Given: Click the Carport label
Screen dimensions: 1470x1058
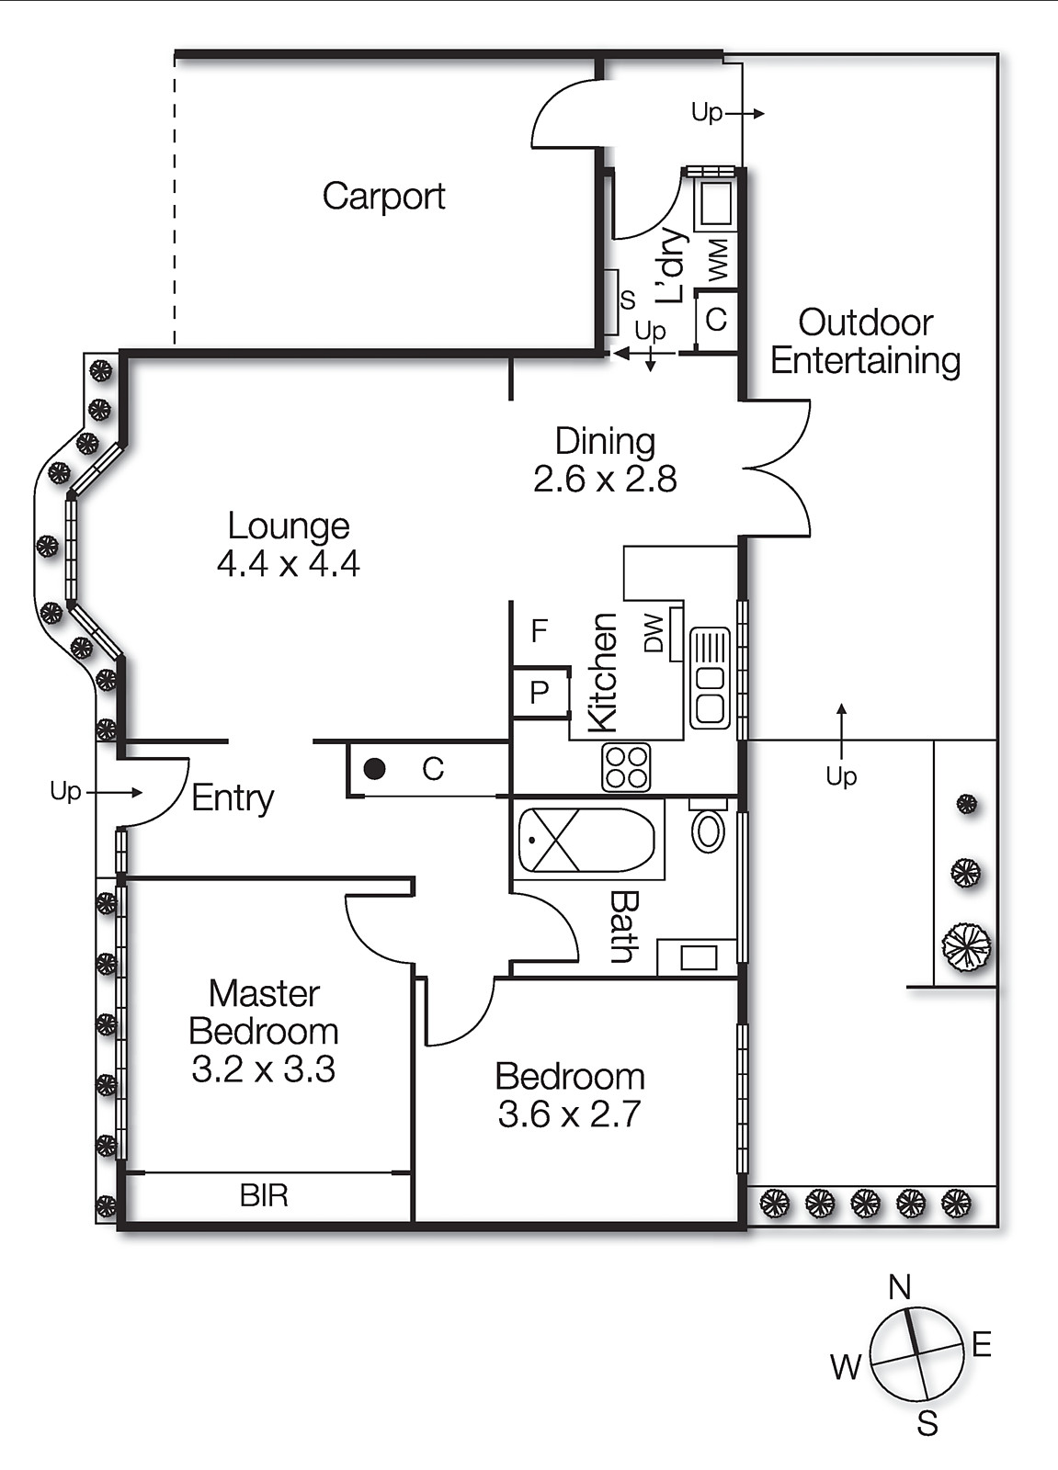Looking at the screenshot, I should [x=383, y=196].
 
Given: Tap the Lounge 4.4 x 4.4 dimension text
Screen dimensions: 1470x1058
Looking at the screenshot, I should [x=289, y=563].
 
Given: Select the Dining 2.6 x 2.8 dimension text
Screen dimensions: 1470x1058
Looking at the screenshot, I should [x=605, y=479].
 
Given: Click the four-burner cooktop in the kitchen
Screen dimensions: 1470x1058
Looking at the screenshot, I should [x=626, y=767].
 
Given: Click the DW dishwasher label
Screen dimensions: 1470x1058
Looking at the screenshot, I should [x=654, y=633].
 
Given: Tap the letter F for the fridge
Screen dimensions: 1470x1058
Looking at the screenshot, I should [x=540, y=631].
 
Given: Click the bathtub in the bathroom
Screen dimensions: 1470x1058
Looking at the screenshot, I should [x=586, y=840].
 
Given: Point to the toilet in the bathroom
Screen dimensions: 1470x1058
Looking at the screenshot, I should [x=708, y=827].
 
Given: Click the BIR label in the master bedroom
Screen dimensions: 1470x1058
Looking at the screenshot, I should [x=264, y=1195].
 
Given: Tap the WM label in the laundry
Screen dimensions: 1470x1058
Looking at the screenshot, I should [x=719, y=259].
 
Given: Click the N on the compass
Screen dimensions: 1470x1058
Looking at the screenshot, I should [x=899, y=1288].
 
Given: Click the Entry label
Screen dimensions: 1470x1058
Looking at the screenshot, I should [x=233, y=797].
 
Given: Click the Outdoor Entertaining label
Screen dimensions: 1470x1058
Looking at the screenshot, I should [x=865, y=342].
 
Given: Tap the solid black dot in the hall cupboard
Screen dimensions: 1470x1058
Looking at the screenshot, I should [x=374, y=769].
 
